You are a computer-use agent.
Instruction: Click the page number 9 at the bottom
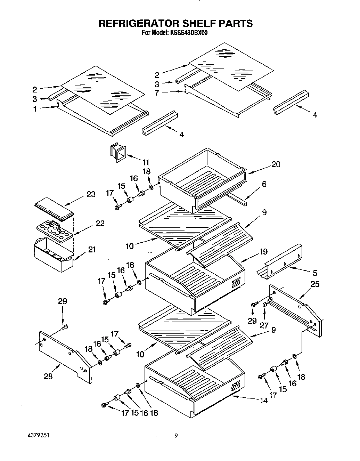click(x=176, y=435)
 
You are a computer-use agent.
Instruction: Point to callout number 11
click(x=146, y=162)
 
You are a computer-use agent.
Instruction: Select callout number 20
click(x=276, y=164)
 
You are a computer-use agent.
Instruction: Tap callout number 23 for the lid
click(x=91, y=194)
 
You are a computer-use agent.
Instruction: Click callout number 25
click(x=314, y=284)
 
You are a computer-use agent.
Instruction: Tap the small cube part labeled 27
click(x=265, y=305)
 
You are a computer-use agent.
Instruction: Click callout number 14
click(x=264, y=401)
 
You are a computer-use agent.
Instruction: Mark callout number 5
click(x=315, y=273)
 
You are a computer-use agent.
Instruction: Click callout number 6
click(x=264, y=184)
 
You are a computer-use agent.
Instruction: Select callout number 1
click(x=35, y=109)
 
